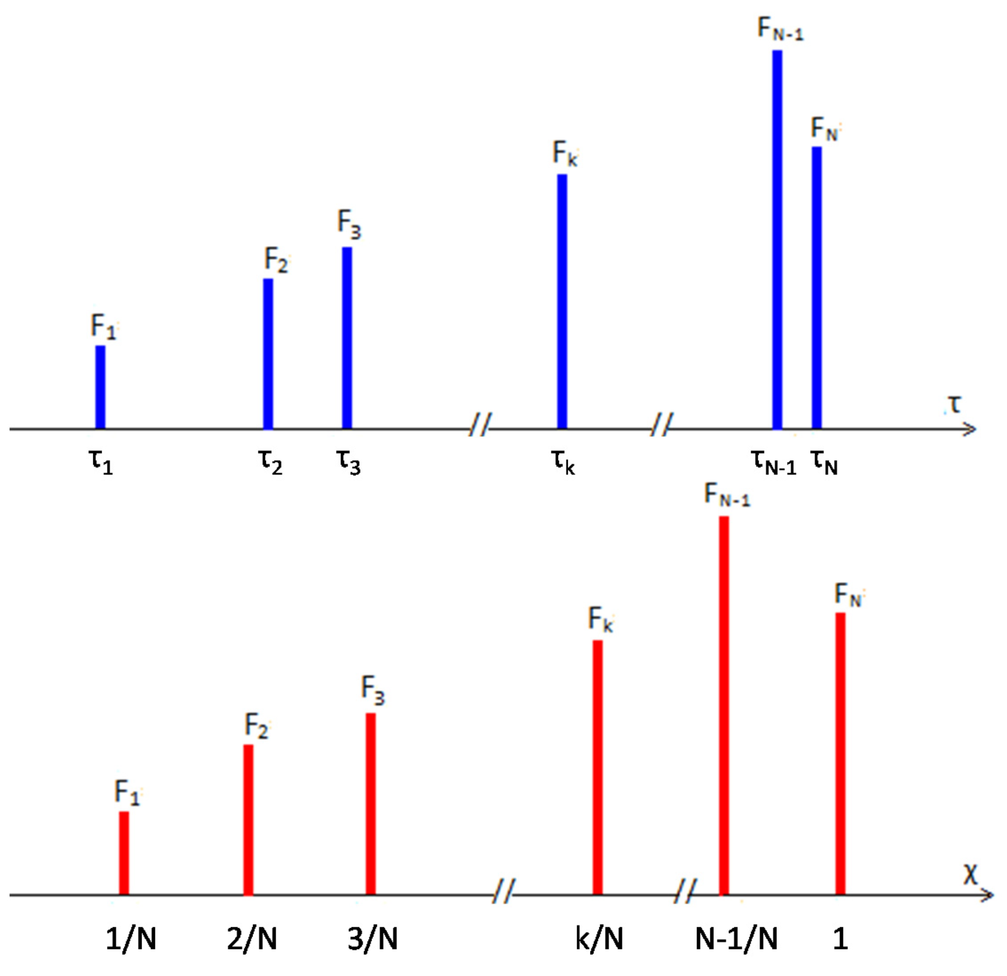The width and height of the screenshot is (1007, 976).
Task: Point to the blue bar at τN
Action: [816, 287]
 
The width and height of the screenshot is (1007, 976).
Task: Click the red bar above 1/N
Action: [124, 853]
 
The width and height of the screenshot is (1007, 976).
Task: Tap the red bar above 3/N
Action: [370, 804]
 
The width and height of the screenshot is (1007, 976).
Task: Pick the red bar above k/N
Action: [598, 767]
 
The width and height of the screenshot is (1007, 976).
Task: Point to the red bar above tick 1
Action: [840, 754]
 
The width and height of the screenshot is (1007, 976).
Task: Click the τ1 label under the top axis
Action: [101, 462]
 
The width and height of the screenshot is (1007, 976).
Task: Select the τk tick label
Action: [563, 462]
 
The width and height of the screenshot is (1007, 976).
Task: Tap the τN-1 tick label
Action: [774, 462]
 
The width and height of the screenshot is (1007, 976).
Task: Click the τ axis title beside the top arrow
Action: [955, 404]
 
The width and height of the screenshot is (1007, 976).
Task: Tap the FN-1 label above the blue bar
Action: [780, 29]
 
